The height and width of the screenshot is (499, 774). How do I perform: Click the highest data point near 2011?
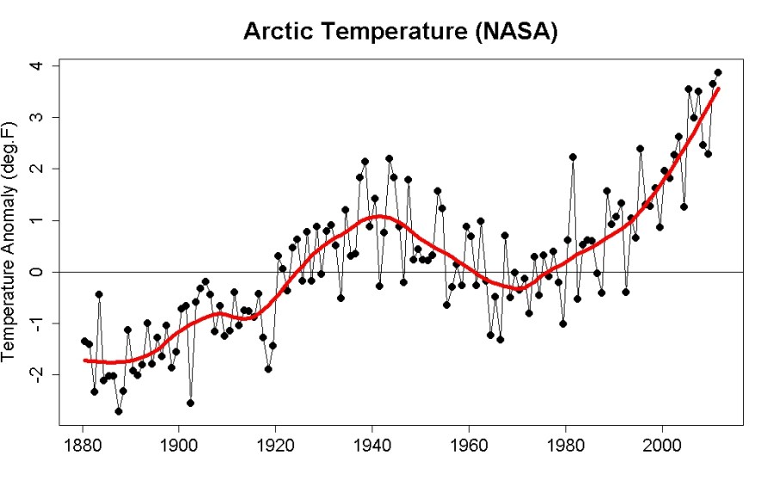click(x=717, y=72)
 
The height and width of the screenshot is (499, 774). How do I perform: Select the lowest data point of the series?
click(x=119, y=411)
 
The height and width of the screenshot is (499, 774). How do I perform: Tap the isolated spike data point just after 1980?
click(x=573, y=157)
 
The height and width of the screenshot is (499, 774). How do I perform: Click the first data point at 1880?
click(x=84, y=342)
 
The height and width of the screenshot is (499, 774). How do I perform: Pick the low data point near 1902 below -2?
click(x=190, y=403)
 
